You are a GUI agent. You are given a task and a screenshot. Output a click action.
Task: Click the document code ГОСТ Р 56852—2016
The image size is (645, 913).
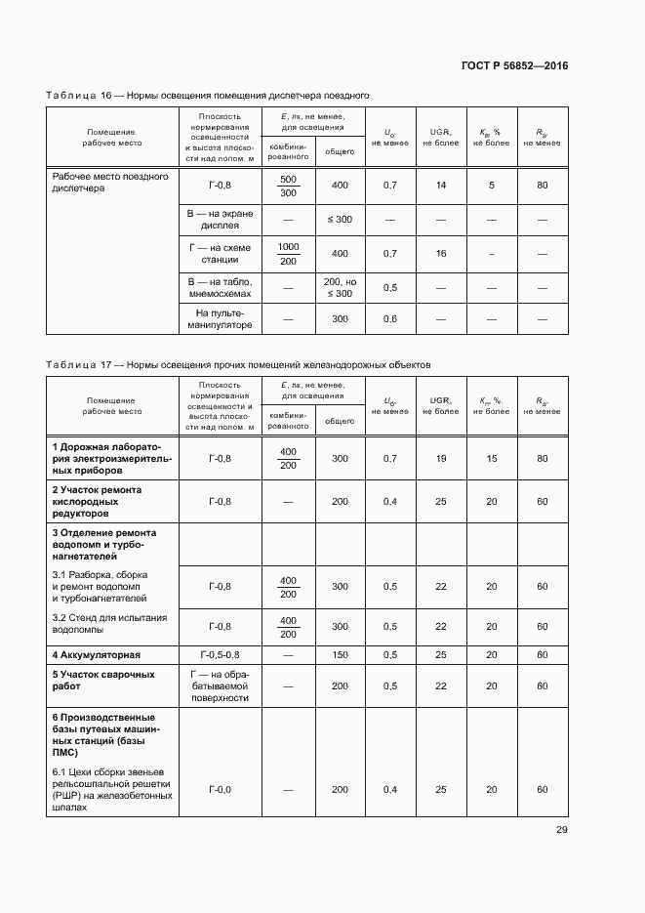click(x=514, y=66)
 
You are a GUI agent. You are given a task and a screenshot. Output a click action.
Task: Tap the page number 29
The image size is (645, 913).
click(x=561, y=830)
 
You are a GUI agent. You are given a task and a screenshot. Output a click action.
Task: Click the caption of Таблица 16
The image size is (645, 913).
click(x=207, y=96)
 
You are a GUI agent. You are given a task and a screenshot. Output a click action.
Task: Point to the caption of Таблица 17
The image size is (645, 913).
click(x=237, y=364)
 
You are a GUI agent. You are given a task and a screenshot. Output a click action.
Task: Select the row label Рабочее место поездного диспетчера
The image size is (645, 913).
click(x=110, y=183)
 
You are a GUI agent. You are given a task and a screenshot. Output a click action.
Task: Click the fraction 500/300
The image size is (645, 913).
click(x=288, y=186)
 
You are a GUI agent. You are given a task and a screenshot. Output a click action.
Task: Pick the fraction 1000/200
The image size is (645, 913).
click(x=288, y=253)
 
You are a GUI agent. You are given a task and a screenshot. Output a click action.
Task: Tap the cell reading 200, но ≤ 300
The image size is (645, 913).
click(x=339, y=287)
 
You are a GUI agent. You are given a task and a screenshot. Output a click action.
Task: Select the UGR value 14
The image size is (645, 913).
click(x=440, y=186)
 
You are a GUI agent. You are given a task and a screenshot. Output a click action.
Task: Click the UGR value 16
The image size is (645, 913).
click(x=440, y=253)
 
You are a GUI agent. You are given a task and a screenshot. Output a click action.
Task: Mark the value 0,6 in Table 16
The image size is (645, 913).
click(x=390, y=318)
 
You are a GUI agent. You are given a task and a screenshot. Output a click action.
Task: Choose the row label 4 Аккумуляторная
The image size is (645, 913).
click(x=97, y=654)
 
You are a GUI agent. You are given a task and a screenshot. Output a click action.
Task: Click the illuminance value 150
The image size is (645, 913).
click(x=339, y=654)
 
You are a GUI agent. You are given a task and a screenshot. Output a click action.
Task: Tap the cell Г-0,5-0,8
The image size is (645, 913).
click(x=221, y=654)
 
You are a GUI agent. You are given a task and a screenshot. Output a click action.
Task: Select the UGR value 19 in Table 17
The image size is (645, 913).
click(x=440, y=458)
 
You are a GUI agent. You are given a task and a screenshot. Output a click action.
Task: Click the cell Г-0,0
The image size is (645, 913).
click(x=221, y=789)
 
